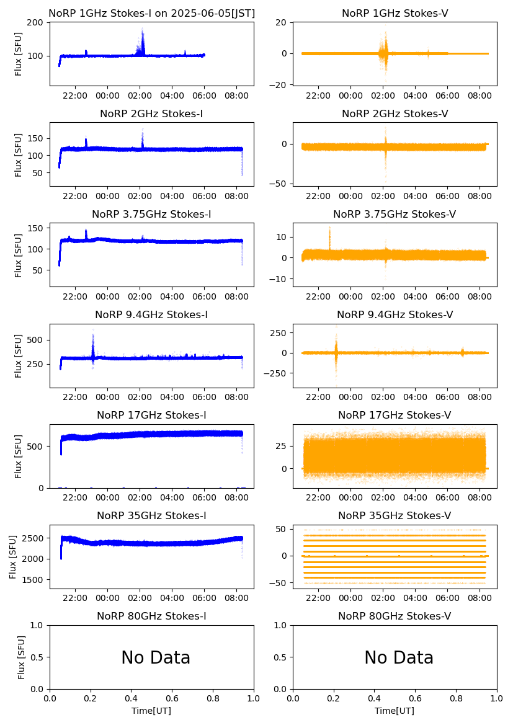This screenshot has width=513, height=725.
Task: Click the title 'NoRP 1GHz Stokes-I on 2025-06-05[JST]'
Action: (x=151, y=14)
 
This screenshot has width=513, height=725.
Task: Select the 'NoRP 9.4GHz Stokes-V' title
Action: (x=395, y=315)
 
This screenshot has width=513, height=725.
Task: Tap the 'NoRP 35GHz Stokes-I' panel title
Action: (x=151, y=516)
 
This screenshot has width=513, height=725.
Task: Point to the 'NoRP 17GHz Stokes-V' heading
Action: (x=395, y=416)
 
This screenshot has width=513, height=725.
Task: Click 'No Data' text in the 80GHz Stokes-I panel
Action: (x=156, y=657)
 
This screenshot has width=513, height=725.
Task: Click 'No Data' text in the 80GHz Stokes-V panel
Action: (x=399, y=657)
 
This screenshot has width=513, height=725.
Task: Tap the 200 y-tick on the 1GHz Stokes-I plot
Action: (x=36, y=23)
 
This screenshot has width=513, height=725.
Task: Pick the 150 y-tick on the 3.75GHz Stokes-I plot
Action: (x=36, y=228)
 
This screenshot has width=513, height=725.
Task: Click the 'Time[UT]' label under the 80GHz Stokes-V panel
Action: (x=395, y=711)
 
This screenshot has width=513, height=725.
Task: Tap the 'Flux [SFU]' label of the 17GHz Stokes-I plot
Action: (x=19, y=456)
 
